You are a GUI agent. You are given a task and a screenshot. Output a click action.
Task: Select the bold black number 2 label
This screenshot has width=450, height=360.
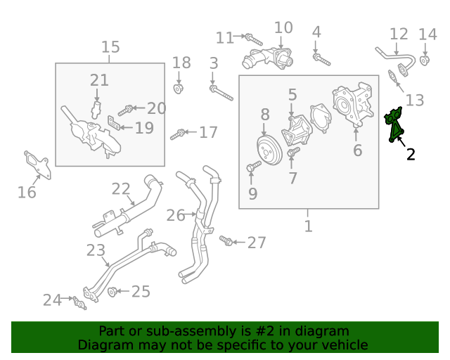411,155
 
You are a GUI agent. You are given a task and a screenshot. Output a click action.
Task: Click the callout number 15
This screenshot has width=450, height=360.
110,47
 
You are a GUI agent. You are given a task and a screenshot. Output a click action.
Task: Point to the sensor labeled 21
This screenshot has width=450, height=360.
96,110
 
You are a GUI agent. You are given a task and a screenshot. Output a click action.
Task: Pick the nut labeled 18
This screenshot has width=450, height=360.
178,89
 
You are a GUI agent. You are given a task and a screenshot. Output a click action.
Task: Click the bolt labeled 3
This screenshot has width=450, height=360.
221,93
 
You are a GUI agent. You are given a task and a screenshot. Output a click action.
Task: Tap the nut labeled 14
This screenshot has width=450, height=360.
425,61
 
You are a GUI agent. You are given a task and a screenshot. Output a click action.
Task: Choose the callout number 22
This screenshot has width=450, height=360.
121,189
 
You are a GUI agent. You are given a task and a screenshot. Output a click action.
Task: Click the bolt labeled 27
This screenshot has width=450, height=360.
226,240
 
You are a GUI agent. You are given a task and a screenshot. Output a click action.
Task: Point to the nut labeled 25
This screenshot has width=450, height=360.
112,292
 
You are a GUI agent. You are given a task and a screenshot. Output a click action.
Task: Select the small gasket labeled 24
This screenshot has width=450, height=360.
79,303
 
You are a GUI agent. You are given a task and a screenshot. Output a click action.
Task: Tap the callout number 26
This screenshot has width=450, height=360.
176,215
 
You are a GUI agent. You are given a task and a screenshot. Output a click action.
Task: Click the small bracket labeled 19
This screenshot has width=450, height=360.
113,122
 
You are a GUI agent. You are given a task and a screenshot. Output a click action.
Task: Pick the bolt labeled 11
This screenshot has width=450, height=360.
254,39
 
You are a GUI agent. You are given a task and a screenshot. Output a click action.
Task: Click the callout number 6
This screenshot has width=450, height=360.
358,150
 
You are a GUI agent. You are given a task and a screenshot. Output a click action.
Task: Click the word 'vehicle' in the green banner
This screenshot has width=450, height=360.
348,345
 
